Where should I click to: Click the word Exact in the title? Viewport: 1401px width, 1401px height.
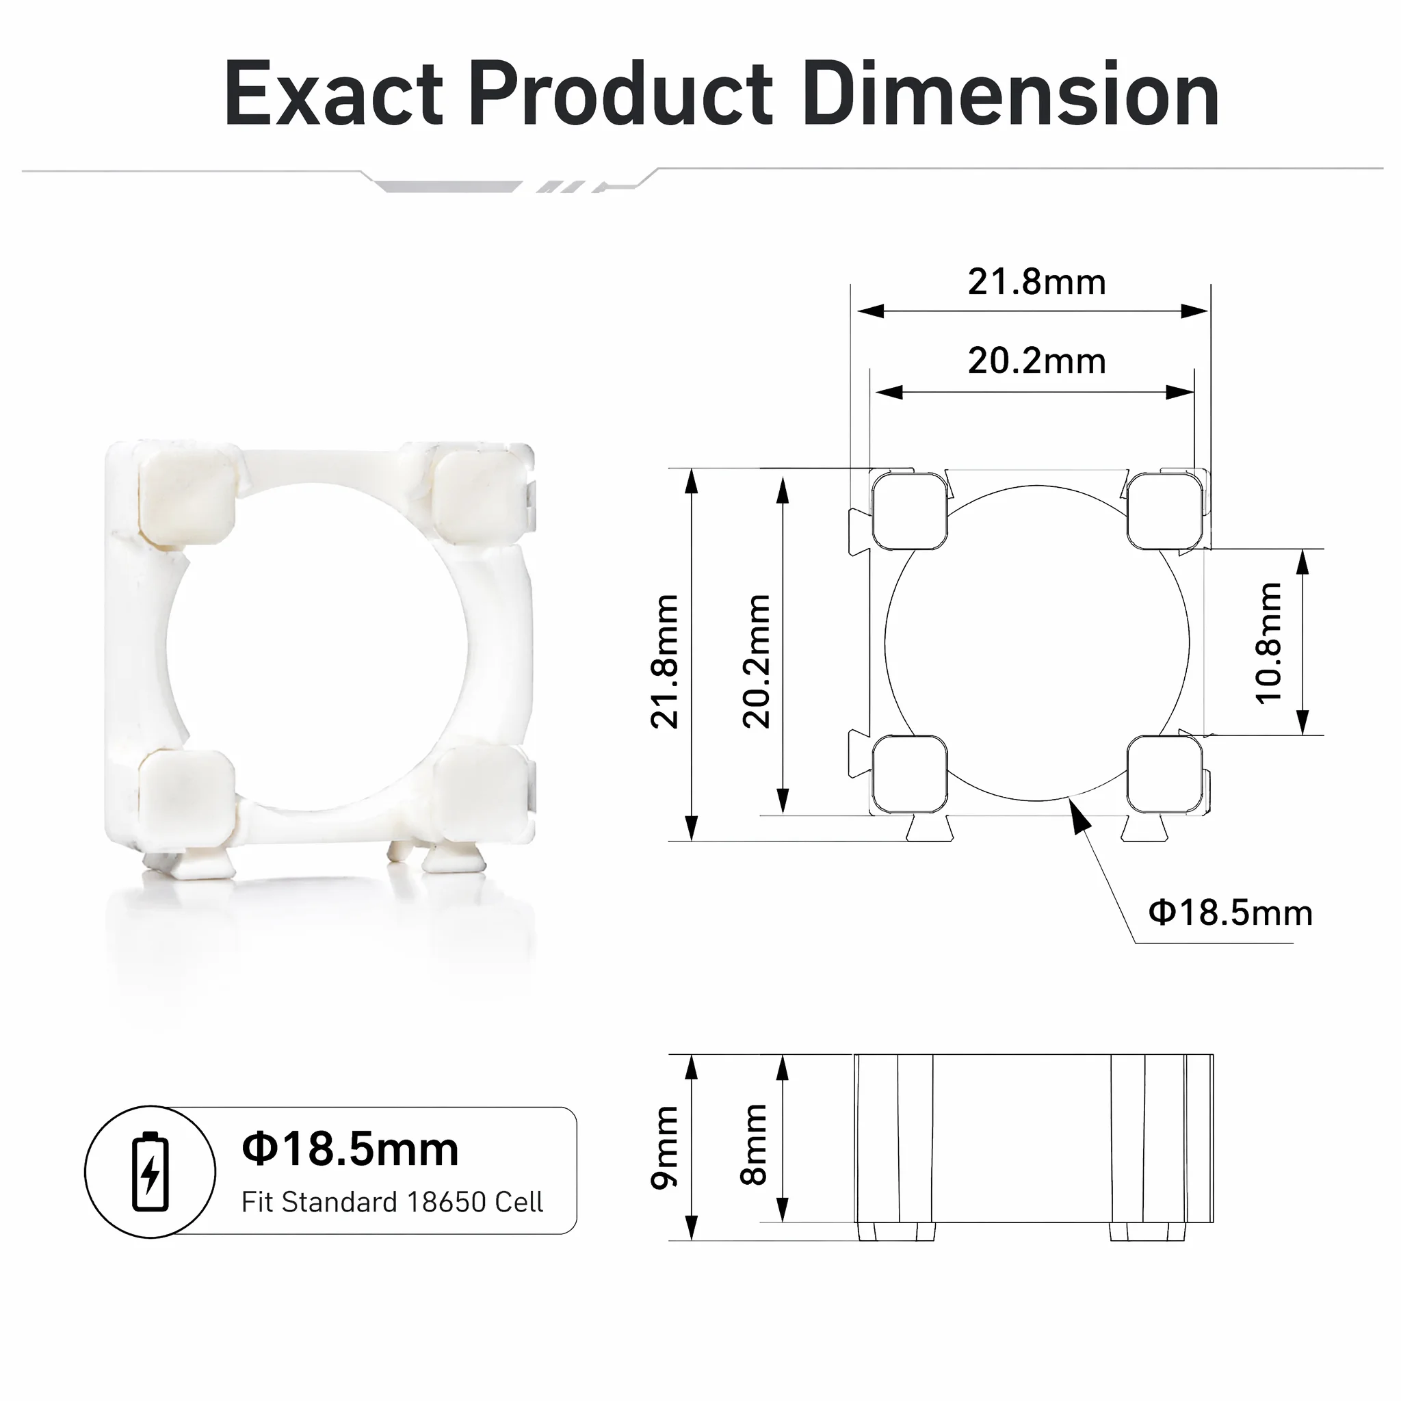coord(334,94)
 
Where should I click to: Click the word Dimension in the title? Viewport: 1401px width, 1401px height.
coord(1011,94)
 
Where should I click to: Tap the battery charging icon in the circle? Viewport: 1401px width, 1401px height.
coord(150,1171)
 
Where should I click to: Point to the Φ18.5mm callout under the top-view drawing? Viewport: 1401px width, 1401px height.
coord(1231,913)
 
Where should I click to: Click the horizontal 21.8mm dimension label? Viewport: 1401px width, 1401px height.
coord(1037,282)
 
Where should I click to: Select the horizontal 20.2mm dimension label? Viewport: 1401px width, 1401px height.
coord(1037,361)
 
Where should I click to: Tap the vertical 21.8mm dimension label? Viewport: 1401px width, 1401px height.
coord(664,662)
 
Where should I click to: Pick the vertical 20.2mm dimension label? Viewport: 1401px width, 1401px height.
coord(757,662)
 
